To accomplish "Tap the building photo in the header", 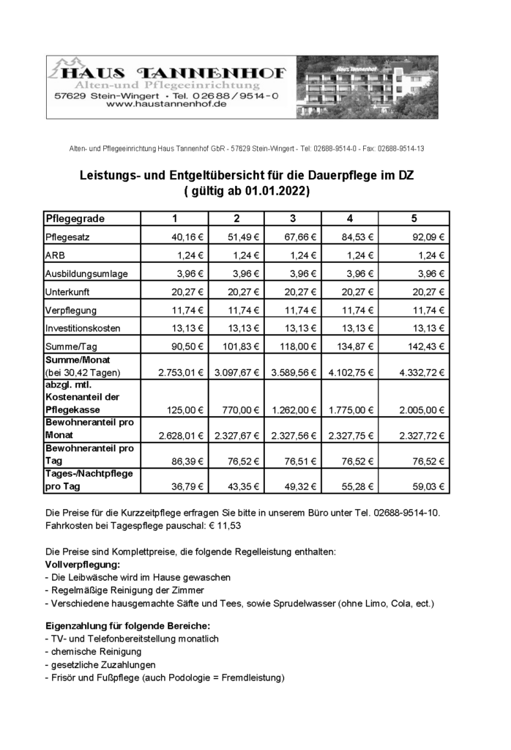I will (366, 87).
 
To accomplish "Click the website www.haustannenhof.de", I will (166, 105).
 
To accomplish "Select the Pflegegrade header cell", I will (75, 218).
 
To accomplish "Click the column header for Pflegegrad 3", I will (293, 218).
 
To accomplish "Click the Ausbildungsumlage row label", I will (86, 273).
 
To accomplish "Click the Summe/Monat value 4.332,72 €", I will (422, 373).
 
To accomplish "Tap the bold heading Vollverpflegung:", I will (83, 565).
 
